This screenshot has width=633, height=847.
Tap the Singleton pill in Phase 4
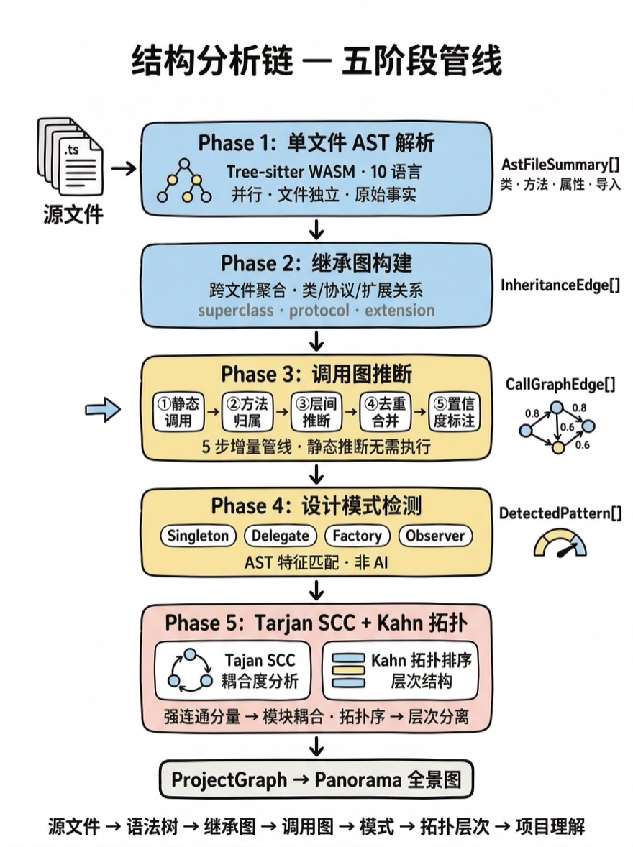click(198, 536)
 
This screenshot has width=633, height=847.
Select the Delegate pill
click(281, 536)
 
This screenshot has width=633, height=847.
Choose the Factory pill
click(357, 536)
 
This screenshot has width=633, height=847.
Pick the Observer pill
click(435, 536)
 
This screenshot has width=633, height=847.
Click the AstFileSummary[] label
click(560, 164)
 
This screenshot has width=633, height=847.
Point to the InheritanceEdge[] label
click(560, 285)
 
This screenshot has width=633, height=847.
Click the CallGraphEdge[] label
click(560, 385)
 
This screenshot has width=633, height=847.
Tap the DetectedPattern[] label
click(560, 513)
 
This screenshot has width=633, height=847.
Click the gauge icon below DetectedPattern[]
click(560, 544)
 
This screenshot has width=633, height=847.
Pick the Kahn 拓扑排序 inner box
click(401, 670)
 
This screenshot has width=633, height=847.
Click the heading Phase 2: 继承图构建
click(316, 263)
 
